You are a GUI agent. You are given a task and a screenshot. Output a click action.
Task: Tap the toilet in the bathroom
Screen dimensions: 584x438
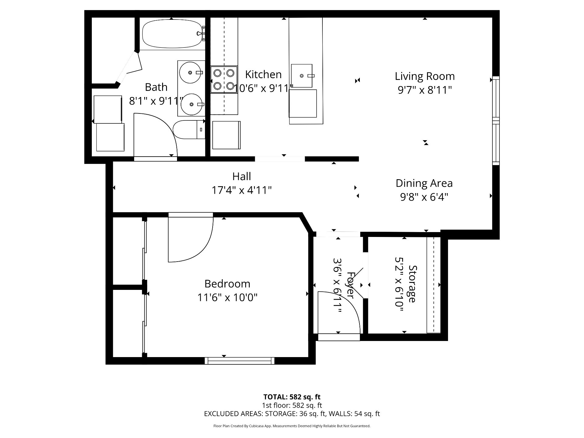tap(189, 130)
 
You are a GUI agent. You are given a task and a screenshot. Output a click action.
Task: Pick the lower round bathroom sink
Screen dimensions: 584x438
tap(192, 104)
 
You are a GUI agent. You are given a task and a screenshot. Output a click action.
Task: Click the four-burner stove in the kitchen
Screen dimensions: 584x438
tap(224, 79)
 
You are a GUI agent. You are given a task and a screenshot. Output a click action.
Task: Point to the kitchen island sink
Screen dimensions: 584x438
tap(302, 75)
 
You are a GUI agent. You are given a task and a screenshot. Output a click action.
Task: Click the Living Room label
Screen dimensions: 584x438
tap(425, 76)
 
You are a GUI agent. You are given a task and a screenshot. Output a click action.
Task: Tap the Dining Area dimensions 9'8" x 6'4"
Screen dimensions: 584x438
tap(424, 197)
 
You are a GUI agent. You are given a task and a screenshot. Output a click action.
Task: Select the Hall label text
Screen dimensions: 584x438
tap(242, 176)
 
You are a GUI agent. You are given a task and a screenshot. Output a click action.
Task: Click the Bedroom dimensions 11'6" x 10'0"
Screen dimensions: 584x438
tap(228, 297)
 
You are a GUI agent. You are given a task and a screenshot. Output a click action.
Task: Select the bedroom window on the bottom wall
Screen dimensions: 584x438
tap(240, 361)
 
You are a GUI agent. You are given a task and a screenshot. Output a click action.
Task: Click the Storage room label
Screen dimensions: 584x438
tap(413, 284)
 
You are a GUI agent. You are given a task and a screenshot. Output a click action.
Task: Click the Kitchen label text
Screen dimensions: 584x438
tap(263, 75)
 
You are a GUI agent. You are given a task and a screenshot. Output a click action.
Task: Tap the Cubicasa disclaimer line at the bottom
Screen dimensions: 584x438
tap(292, 426)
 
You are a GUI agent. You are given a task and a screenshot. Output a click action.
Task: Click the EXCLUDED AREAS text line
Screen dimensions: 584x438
tap(292, 414)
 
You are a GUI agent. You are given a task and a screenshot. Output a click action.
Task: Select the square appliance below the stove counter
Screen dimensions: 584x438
tap(226, 135)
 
